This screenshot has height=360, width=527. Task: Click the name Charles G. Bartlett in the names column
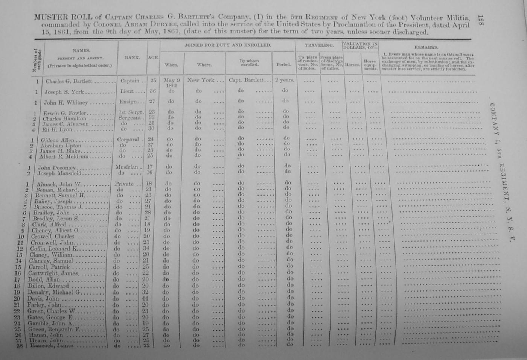click(x=69, y=81)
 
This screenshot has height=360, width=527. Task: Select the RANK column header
click(x=132, y=58)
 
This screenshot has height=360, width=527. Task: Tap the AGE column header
click(x=153, y=58)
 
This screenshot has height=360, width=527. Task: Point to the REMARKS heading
click(x=426, y=47)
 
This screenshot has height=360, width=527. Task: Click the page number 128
click(x=480, y=21)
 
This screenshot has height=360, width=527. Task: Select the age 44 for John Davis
click(x=145, y=298)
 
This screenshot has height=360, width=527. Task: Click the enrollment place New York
click(x=201, y=80)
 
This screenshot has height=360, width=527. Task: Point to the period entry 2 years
click(x=284, y=80)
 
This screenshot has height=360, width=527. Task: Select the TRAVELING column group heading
click(x=319, y=45)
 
